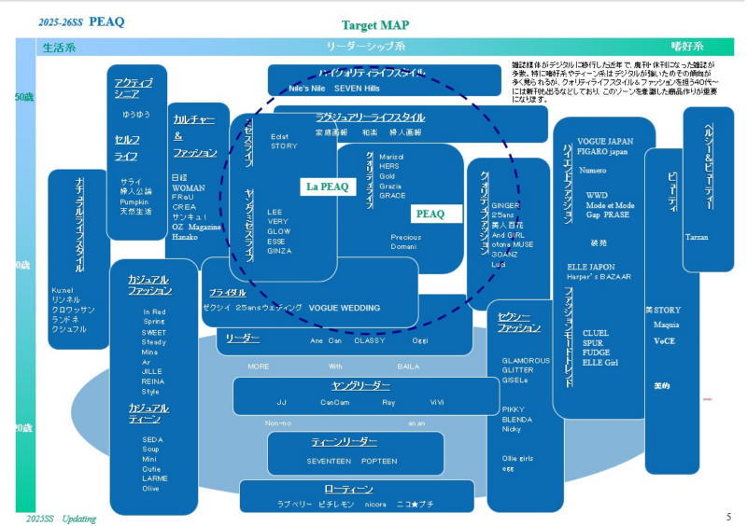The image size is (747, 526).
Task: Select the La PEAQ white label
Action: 327,187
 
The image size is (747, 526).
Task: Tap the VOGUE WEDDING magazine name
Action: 344,308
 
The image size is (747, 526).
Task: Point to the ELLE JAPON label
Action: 590,267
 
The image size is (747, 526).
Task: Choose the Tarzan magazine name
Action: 697,237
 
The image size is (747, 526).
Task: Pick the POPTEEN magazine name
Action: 379,461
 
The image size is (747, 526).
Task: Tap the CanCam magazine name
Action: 334,402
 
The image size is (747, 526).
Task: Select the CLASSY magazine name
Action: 370,340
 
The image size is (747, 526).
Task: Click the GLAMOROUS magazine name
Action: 526,360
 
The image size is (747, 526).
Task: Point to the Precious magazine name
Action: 405,237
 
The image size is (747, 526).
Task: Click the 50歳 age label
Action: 23,97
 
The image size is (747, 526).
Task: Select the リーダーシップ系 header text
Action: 366,46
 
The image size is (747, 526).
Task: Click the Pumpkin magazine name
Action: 134,201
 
